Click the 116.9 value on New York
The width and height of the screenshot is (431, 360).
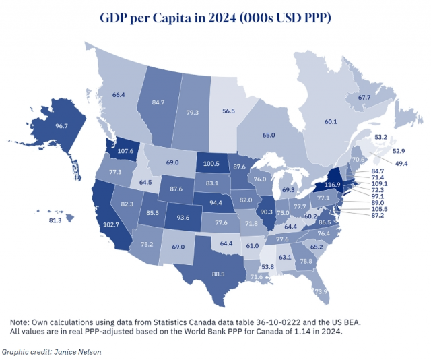pos(331,184)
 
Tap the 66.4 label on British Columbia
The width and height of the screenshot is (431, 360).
pos(119,95)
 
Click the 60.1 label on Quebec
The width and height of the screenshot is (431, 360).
pos(330,121)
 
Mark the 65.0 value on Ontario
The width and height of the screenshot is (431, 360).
pos(269,136)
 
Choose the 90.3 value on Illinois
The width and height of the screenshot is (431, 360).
pos(274,212)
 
